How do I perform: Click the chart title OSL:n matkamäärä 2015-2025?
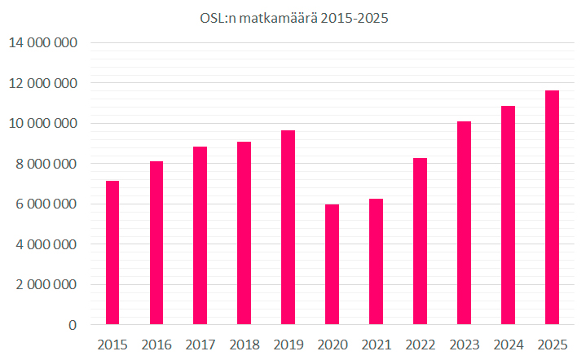coord(293,18)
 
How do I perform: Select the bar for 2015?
coord(112,252)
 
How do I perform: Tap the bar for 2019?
coord(289,227)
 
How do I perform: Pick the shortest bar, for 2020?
coord(332,265)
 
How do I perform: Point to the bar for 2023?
coord(464,223)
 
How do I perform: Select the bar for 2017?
coord(200,235)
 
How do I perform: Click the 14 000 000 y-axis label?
coord(43,43)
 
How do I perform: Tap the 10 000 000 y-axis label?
coord(43,124)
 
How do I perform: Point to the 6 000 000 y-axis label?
coord(46,204)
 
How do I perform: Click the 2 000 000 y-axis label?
coord(46,285)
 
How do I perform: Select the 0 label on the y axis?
coord(73,325)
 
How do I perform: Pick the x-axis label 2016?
coord(156,345)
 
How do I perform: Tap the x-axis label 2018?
coord(245,345)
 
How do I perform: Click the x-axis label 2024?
coord(508,345)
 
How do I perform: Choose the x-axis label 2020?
coord(332,345)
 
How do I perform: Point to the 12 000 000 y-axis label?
coord(43,83)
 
